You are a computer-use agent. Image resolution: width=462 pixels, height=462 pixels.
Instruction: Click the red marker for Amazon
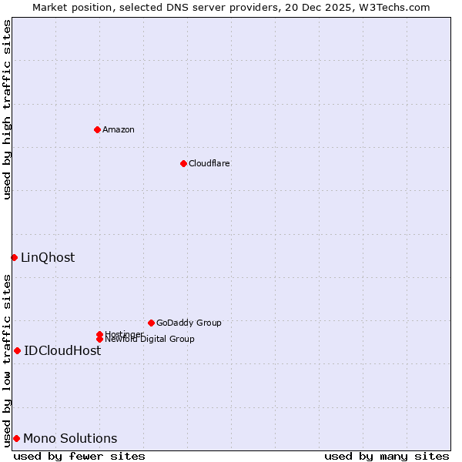(97, 129)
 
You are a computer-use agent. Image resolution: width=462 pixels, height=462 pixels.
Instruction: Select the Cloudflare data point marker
(183, 163)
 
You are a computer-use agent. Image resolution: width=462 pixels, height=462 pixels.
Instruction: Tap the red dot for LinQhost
(14, 257)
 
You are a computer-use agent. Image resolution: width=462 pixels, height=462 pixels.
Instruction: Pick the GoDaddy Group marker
(151, 323)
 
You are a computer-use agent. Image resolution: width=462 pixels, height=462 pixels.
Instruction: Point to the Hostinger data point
(99, 334)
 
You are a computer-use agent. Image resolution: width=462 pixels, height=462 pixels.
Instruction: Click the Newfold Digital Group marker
(99, 339)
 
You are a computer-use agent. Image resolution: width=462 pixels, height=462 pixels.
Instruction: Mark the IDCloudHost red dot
(17, 350)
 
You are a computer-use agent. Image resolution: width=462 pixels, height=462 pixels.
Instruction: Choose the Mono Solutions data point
(16, 438)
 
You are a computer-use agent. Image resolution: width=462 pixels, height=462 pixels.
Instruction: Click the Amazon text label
(119, 129)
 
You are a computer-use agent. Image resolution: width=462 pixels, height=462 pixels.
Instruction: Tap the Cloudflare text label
(209, 163)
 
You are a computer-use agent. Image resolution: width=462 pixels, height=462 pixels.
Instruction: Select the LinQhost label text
(48, 257)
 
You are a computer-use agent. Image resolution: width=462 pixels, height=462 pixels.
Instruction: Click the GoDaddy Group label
(189, 323)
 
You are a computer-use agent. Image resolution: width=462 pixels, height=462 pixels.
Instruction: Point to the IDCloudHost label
(62, 350)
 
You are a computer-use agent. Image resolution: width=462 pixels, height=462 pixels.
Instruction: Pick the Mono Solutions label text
(70, 438)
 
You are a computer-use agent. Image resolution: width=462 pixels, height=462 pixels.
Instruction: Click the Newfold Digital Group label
(150, 340)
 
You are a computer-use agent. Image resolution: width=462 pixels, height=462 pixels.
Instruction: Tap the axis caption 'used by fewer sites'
(79, 456)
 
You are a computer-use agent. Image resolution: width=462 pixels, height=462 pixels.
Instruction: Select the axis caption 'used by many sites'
(387, 456)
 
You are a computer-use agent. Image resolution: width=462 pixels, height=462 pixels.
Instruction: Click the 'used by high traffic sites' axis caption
(7, 109)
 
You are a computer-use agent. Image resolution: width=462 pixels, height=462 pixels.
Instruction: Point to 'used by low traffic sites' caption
(7, 360)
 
